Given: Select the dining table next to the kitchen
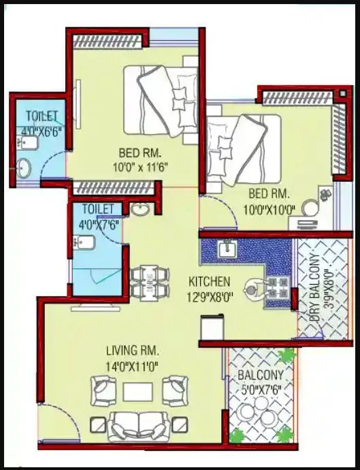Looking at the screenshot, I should coord(149,281).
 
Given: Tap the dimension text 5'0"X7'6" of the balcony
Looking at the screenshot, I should coord(262,390).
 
